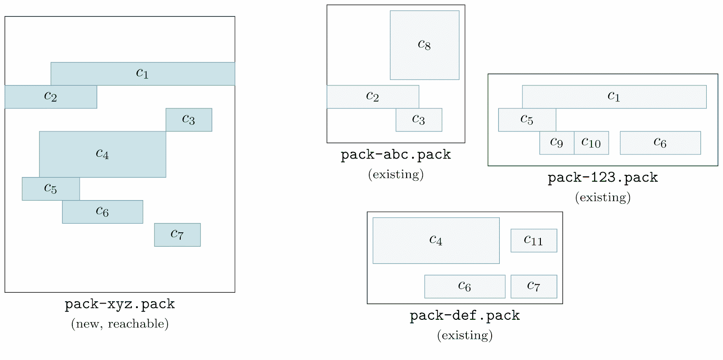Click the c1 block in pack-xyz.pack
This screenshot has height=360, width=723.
(x=142, y=74)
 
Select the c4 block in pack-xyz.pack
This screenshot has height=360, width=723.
(x=103, y=154)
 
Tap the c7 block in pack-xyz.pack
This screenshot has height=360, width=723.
(x=177, y=234)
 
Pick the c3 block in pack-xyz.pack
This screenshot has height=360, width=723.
(x=188, y=120)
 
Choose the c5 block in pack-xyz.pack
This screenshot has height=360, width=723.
(x=51, y=188)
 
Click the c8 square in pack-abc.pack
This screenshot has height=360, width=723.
(x=424, y=45)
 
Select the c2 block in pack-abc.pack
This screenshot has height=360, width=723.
(x=372, y=97)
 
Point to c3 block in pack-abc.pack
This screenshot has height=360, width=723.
(x=418, y=120)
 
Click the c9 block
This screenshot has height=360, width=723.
(x=557, y=143)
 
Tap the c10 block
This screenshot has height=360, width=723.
(x=591, y=143)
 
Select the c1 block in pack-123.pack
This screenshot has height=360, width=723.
(x=614, y=97)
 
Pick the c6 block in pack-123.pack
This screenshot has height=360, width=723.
(x=660, y=143)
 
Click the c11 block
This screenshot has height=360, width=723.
(x=534, y=240)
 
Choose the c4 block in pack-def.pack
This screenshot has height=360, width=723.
(x=436, y=240)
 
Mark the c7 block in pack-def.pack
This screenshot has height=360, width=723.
(x=534, y=286)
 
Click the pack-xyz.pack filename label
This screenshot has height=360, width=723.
(x=120, y=304)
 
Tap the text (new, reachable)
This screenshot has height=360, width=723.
(x=120, y=323)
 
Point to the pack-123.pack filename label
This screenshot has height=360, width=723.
(x=602, y=178)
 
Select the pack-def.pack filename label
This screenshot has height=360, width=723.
(x=465, y=315)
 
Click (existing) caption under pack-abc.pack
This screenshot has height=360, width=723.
(x=396, y=174)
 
